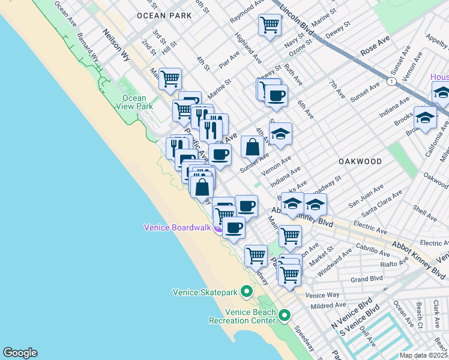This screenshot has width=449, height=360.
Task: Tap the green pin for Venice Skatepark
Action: coord(246,292)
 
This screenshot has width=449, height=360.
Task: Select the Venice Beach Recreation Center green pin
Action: coord(285,314)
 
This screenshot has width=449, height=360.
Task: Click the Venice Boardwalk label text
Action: coord(177,227)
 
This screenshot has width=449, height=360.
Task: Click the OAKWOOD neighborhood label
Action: coord(360,161)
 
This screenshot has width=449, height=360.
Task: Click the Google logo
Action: coord(20,353)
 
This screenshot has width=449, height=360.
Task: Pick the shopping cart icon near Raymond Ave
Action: coord(270,25)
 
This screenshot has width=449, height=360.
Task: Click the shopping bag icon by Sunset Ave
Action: coord(252,146)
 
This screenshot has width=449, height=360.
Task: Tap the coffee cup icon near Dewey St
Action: coord(276,95)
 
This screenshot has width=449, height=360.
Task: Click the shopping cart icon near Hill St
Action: coord(170,78)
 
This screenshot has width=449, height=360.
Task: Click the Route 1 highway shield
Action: coord(391,81)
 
